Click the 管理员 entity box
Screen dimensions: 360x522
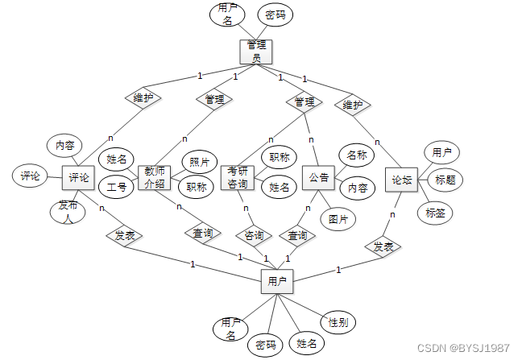256,52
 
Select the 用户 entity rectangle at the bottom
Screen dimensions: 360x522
276,282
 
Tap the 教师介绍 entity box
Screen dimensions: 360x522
155,177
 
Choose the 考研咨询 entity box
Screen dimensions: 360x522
238,177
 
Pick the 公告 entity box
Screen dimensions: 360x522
319,177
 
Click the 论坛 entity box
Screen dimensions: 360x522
402,180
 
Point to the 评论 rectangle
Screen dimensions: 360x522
79,177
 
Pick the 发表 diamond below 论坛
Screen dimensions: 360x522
383,246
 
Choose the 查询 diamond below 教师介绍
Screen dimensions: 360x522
203,234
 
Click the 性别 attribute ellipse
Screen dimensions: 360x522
338,323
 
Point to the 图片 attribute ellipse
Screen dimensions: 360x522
338,217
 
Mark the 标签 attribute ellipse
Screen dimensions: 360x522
434,212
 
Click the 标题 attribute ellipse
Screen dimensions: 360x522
445,180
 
